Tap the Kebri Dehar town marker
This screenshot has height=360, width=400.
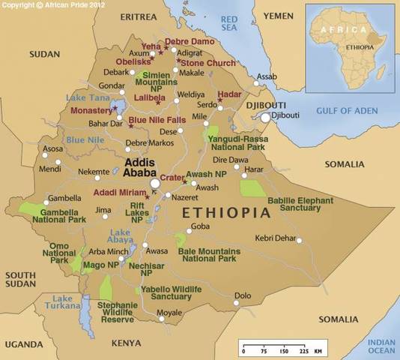click(299, 240)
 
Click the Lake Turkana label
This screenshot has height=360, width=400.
click(63, 304)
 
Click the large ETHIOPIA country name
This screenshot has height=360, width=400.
click(225, 213)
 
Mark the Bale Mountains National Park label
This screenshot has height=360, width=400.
click(208, 254)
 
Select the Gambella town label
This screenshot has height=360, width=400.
click(64, 199)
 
